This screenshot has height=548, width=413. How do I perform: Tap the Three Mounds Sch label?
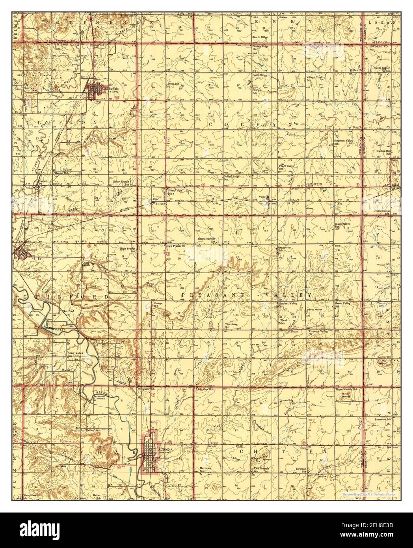[x=346, y=389]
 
